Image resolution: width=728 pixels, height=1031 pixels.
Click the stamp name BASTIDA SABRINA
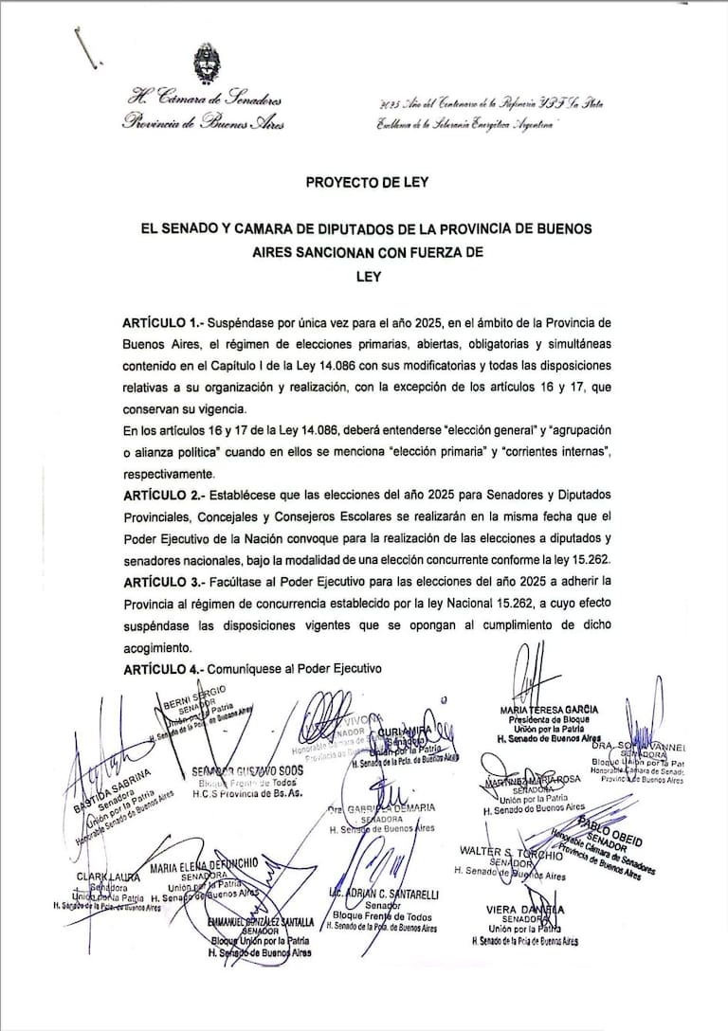[x=110, y=790]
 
